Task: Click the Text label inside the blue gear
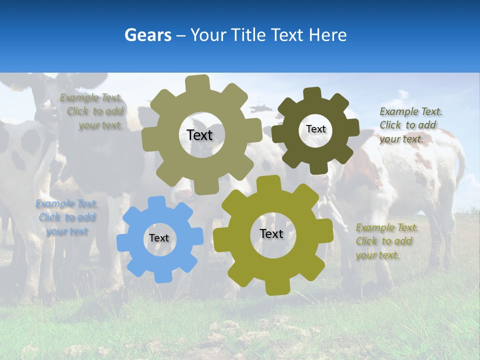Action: [x=159, y=238]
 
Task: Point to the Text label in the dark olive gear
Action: [x=315, y=129]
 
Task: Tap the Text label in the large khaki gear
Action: [x=199, y=135]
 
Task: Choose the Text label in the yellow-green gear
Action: [x=271, y=234]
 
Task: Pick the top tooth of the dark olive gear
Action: [x=312, y=93]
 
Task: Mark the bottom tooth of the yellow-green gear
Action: [x=277, y=288]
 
